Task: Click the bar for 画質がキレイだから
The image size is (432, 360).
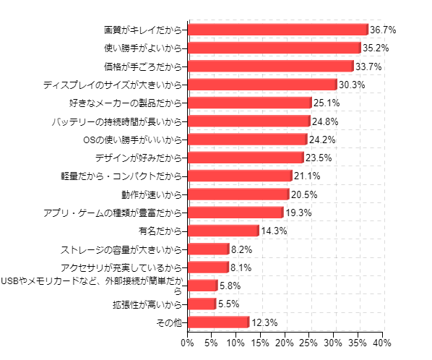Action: click(x=278, y=30)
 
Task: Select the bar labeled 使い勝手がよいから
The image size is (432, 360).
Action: click(x=275, y=48)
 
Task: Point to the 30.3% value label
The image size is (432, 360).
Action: click(x=352, y=85)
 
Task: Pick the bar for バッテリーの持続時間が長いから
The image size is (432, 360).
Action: click(x=249, y=121)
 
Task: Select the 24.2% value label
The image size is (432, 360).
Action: click(x=322, y=140)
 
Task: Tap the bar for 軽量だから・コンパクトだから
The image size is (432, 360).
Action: click(x=240, y=176)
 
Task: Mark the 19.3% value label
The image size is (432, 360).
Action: click(x=298, y=213)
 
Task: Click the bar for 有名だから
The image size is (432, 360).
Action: click(x=223, y=231)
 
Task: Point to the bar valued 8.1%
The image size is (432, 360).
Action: click(x=208, y=267)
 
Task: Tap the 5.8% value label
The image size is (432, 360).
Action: click(x=230, y=286)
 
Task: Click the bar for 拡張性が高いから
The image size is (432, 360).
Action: click(x=202, y=304)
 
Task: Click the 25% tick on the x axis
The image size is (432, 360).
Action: click(x=309, y=341)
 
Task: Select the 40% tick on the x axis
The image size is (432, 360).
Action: click(x=383, y=341)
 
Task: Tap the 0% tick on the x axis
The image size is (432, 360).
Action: click(x=188, y=341)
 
